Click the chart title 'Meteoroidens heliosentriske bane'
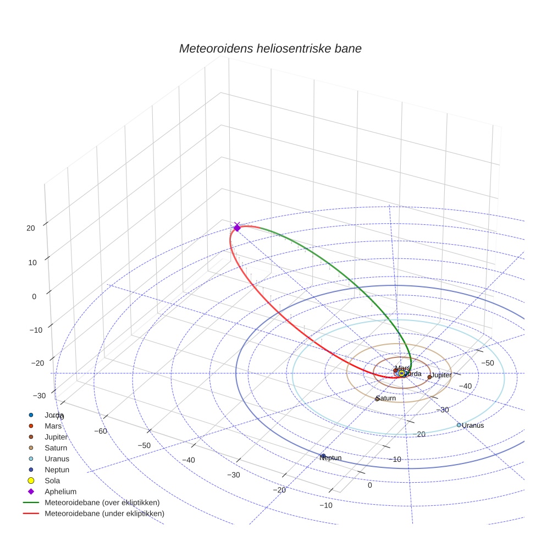point(270,48)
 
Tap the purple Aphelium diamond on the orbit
point(237,227)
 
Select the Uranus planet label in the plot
point(473,426)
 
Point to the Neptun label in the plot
point(332,458)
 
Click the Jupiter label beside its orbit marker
point(441,375)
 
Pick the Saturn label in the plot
point(386,398)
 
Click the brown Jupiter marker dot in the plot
point(429,377)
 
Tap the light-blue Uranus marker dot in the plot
point(459,425)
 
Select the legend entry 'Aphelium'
point(60,492)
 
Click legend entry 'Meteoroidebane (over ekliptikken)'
point(102,503)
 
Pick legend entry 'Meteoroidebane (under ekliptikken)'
point(104,514)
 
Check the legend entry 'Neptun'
point(57,470)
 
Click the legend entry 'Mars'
point(53,426)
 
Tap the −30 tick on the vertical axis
point(39,396)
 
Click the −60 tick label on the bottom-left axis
point(100,431)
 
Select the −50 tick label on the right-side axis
point(488,363)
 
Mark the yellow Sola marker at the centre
point(401,373)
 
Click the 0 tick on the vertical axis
point(34,296)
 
